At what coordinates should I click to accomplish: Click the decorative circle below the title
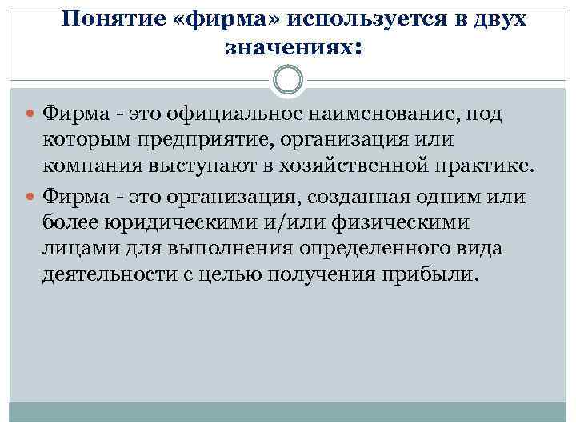click(288, 79)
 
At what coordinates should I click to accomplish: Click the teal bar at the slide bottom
click(288, 411)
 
